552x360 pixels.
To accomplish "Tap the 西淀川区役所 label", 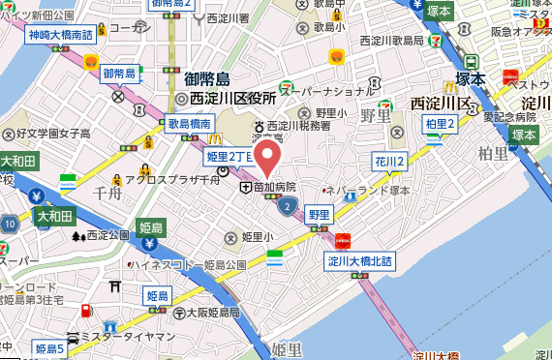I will click(x=233, y=99).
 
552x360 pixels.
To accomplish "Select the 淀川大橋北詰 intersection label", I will click(x=359, y=259).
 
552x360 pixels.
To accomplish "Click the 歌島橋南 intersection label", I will click(x=189, y=125).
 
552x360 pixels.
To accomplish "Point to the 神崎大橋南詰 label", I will click(x=61, y=36).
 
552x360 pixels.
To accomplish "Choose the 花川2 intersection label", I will click(x=389, y=161).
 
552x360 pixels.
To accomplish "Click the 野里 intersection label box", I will click(x=321, y=213).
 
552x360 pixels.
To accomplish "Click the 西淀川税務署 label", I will click(x=298, y=126).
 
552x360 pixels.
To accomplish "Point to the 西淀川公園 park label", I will click(x=107, y=234).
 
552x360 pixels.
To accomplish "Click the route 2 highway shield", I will click(x=287, y=205).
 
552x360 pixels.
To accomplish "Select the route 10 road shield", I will click(x=9, y=225).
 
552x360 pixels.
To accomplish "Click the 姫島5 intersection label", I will click(x=49, y=347).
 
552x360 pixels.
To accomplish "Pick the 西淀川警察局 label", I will click(x=392, y=41).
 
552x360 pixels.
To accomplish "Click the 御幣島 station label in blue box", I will click(x=118, y=74).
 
